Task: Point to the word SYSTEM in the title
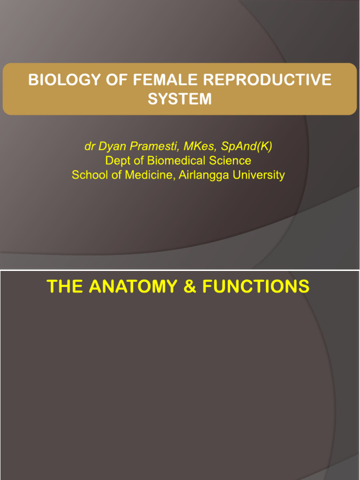pos(180,99)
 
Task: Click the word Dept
pos(117,161)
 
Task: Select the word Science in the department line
pos(231,161)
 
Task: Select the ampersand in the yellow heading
pos(189,286)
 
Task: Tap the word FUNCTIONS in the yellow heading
pos(255,286)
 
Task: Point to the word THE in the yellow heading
pos(63,286)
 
